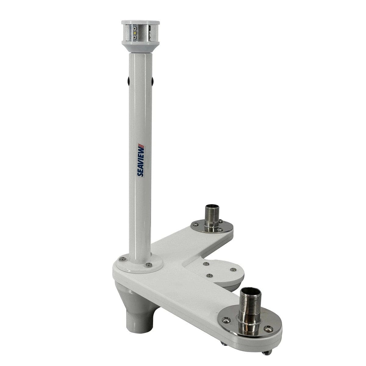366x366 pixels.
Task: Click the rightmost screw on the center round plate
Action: [233, 269]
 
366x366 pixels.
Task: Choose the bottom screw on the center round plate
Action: [209, 275]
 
